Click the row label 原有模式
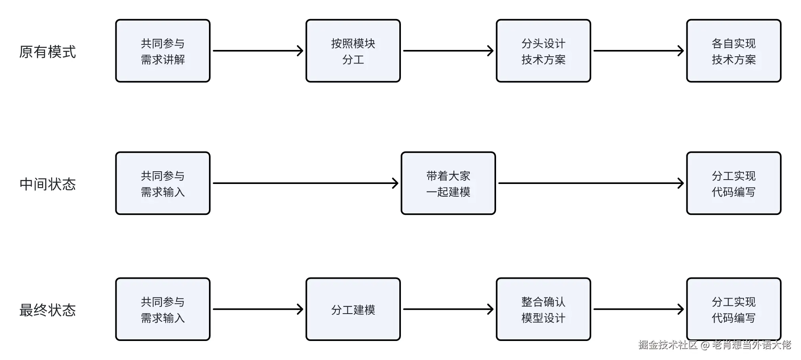(48, 52)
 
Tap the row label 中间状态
(48, 184)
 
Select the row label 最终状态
(48, 310)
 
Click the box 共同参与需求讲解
(163, 51)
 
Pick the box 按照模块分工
(353, 51)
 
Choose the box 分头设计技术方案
(543, 51)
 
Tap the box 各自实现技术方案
(734, 51)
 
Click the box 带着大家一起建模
(448, 184)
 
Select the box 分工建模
(353, 310)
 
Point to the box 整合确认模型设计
(543, 310)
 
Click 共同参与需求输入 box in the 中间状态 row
(163, 184)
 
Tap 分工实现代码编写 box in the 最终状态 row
(734, 310)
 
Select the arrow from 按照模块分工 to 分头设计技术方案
(448, 51)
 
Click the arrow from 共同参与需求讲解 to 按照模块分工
(258, 51)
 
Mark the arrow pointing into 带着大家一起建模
(305, 183)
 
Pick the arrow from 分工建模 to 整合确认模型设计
(448, 309)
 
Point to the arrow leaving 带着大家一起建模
(591, 183)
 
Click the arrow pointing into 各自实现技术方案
(638, 51)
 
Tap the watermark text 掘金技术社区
(668, 345)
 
